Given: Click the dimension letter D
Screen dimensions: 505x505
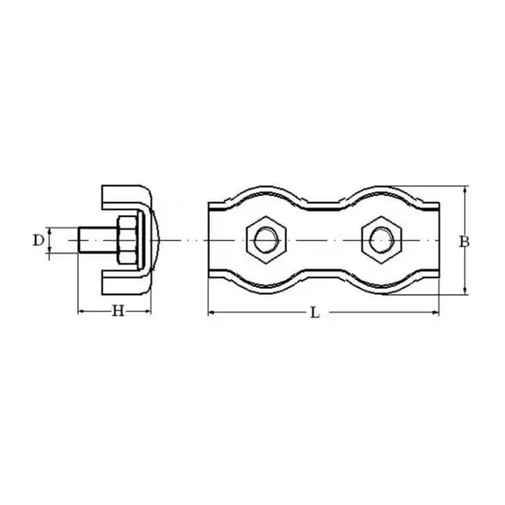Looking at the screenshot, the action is point(38,240).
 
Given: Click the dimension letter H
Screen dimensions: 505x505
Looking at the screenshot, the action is point(118,311).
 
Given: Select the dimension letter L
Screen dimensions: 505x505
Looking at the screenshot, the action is point(315,313).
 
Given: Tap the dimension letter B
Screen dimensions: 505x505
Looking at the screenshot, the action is point(463,242).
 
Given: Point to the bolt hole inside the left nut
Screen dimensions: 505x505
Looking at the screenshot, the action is point(266,240).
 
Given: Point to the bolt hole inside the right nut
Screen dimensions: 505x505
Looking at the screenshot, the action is point(382,240).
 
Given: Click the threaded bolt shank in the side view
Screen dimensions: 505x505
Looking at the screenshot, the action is point(97,240).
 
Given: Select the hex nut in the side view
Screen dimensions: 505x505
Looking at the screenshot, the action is point(128,240).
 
